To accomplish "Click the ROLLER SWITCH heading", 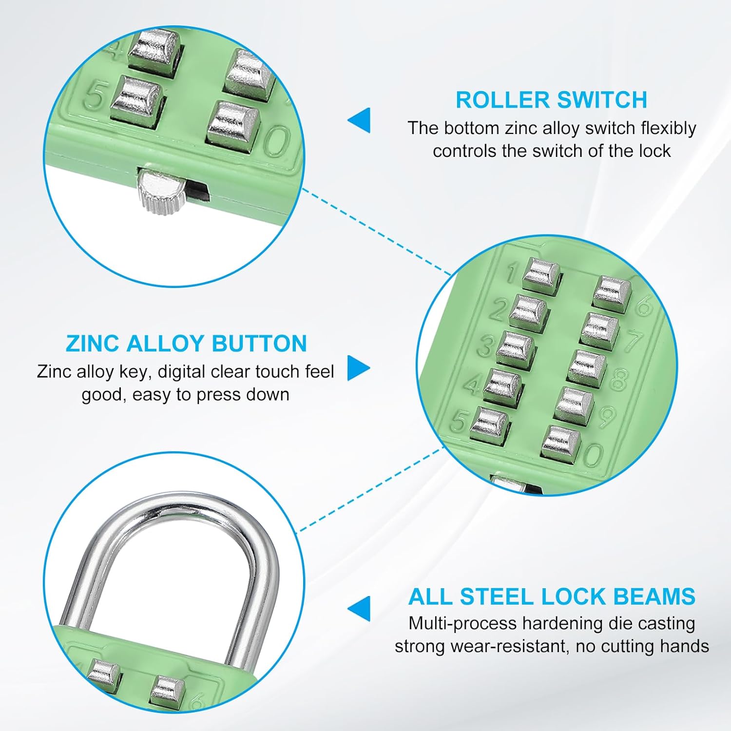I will point(551,100).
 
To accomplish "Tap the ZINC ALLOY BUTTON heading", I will point(186,344).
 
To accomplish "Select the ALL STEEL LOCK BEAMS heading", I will point(552,596).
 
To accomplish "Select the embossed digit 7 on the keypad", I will point(633,341).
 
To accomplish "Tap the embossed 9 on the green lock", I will point(606,417).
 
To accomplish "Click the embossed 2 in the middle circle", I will point(498,309).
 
